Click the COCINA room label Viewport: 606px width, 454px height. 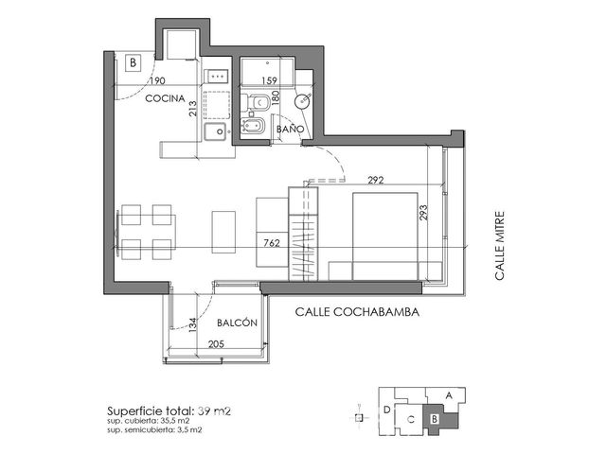tap(165, 98)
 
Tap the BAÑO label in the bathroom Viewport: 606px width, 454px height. tap(291, 129)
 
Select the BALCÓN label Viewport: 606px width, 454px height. tap(237, 323)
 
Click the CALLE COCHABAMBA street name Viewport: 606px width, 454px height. tap(357, 312)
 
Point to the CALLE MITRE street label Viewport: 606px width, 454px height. tap(500, 246)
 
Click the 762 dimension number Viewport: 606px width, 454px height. tap(272, 243)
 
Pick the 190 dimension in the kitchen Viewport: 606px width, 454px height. tap(157, 80)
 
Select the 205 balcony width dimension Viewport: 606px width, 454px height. tap(216, 343)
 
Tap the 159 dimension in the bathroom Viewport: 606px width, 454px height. tap(269, 80)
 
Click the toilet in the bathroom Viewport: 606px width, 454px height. tap(256, 102)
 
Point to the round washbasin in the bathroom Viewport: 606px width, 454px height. tap(302, 102)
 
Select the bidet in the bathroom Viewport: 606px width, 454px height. tap(253, 126)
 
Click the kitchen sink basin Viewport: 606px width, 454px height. tap(215, 131)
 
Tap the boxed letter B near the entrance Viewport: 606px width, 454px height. tap(133, 62)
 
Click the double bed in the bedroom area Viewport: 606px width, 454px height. tap(385, 236)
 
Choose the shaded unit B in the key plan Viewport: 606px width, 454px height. tap(440, 419)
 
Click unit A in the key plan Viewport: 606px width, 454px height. tap(448, 395)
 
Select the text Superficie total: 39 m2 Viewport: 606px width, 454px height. tap(169, 410)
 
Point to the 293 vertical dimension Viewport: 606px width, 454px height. tap(423, 212)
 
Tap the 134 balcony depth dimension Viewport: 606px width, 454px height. tap(192, 324)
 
